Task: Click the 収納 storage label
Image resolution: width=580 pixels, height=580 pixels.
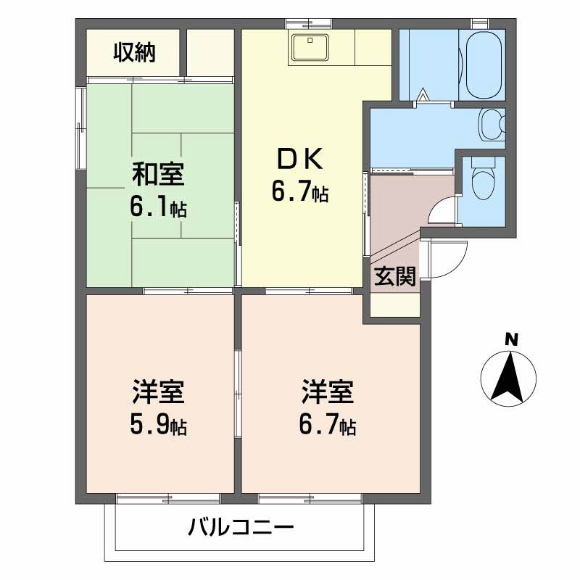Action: tap(134, 53)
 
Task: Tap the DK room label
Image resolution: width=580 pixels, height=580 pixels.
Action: tap(301, 159)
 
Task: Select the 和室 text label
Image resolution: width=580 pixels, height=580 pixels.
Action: tap(157, 175)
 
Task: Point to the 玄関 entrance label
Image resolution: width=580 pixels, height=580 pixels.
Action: tap(395, 277)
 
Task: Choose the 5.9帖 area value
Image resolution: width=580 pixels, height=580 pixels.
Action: tap(158, 427)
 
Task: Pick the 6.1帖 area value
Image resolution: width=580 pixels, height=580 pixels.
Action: tap(158, 209)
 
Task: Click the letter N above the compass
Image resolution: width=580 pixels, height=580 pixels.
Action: tap(512, 339)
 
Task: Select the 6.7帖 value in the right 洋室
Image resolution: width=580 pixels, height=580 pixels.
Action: tap(327, 427)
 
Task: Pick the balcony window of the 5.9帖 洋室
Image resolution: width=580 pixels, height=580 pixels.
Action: tap(168, 499)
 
